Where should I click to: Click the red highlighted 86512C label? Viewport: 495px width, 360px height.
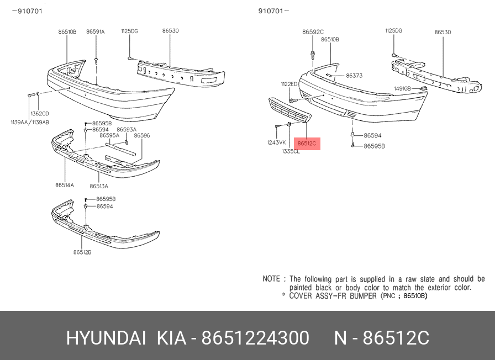pos(307,144)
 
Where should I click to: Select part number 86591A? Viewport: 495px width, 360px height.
pos(96,31)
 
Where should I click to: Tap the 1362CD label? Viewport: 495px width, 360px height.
pos(40,114)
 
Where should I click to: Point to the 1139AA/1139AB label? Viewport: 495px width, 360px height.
pos(30,123)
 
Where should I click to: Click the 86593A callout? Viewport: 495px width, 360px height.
pos(127,129)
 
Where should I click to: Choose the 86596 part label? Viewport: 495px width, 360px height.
pos(142,135)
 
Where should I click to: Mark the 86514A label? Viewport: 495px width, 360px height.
pos(65,185)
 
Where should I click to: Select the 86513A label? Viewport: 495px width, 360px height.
pos(99,186)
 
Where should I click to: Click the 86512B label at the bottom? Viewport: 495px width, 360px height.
pos(82,252)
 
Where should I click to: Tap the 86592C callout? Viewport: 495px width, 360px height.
pos(313,32)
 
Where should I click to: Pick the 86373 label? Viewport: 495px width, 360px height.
pos(354,76)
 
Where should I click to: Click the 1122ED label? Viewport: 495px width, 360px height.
pos(289,84)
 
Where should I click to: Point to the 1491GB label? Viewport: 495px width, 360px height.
pos(403,89)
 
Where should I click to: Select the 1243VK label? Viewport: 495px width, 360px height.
pos(277,142)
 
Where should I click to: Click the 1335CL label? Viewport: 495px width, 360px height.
pos(291,151)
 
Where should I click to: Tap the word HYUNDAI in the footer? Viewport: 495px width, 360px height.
pos(106,338)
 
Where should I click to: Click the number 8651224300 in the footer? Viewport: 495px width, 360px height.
pos(255,338)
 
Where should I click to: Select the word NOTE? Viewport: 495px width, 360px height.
pos(271,279)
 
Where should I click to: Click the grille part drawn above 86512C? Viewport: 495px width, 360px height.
pos(290,110)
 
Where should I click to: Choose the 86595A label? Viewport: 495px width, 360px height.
pos(109,135)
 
